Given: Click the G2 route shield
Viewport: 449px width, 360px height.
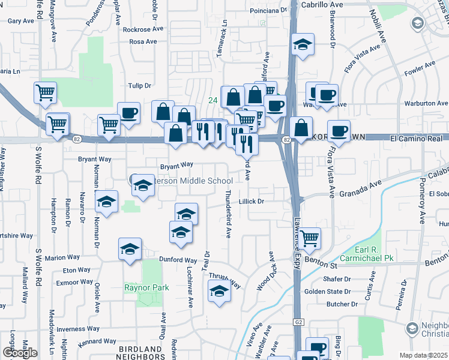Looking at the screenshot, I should coord(297,322).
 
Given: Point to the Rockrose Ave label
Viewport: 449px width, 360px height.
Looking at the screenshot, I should coord(143,29).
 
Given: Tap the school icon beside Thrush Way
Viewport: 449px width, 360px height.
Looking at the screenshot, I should coord(219,292).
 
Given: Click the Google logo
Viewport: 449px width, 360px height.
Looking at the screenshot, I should coord(19,352).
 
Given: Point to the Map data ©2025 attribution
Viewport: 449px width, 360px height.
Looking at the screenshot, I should coord(424,356).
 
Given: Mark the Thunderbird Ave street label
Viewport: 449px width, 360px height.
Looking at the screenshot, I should coord(228,214).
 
